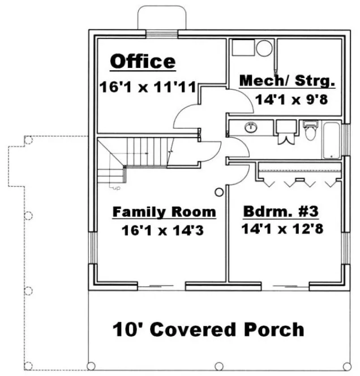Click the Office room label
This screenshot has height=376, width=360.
(142, 62)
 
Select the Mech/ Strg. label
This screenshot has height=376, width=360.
(287, 81)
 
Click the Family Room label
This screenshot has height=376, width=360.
(164, 212)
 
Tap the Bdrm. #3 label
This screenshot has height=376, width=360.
(281, 212)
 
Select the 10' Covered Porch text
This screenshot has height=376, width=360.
(208, 329)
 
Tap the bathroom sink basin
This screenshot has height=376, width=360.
(250, 127)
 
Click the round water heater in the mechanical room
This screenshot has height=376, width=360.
(264, 48)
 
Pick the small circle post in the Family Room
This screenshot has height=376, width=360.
(218, 192)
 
